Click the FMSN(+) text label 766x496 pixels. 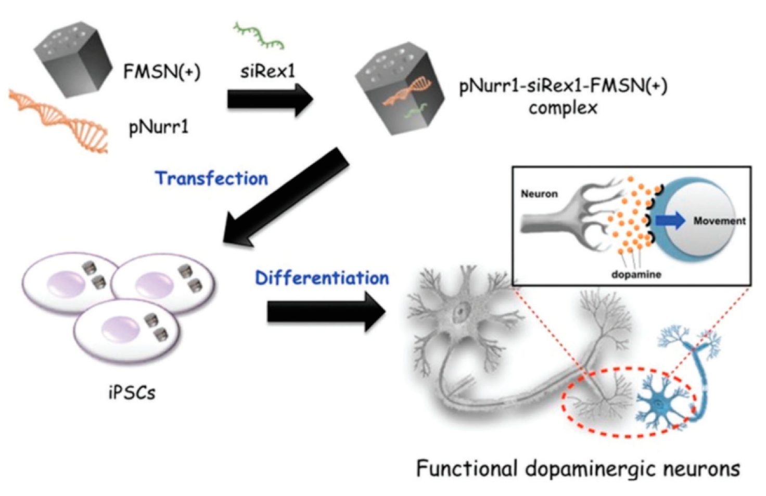161,71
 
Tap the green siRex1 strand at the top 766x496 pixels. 259,36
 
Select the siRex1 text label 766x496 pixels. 267,71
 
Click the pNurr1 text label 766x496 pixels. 159,126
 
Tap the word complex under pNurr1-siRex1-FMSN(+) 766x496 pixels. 563,108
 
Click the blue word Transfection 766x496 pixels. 212,178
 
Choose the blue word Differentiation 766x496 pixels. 322,278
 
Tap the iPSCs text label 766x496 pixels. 132,392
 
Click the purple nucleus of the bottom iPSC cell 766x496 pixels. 121,331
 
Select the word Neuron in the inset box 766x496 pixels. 539,194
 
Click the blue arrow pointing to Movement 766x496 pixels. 670,220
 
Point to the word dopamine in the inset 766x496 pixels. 636,274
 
